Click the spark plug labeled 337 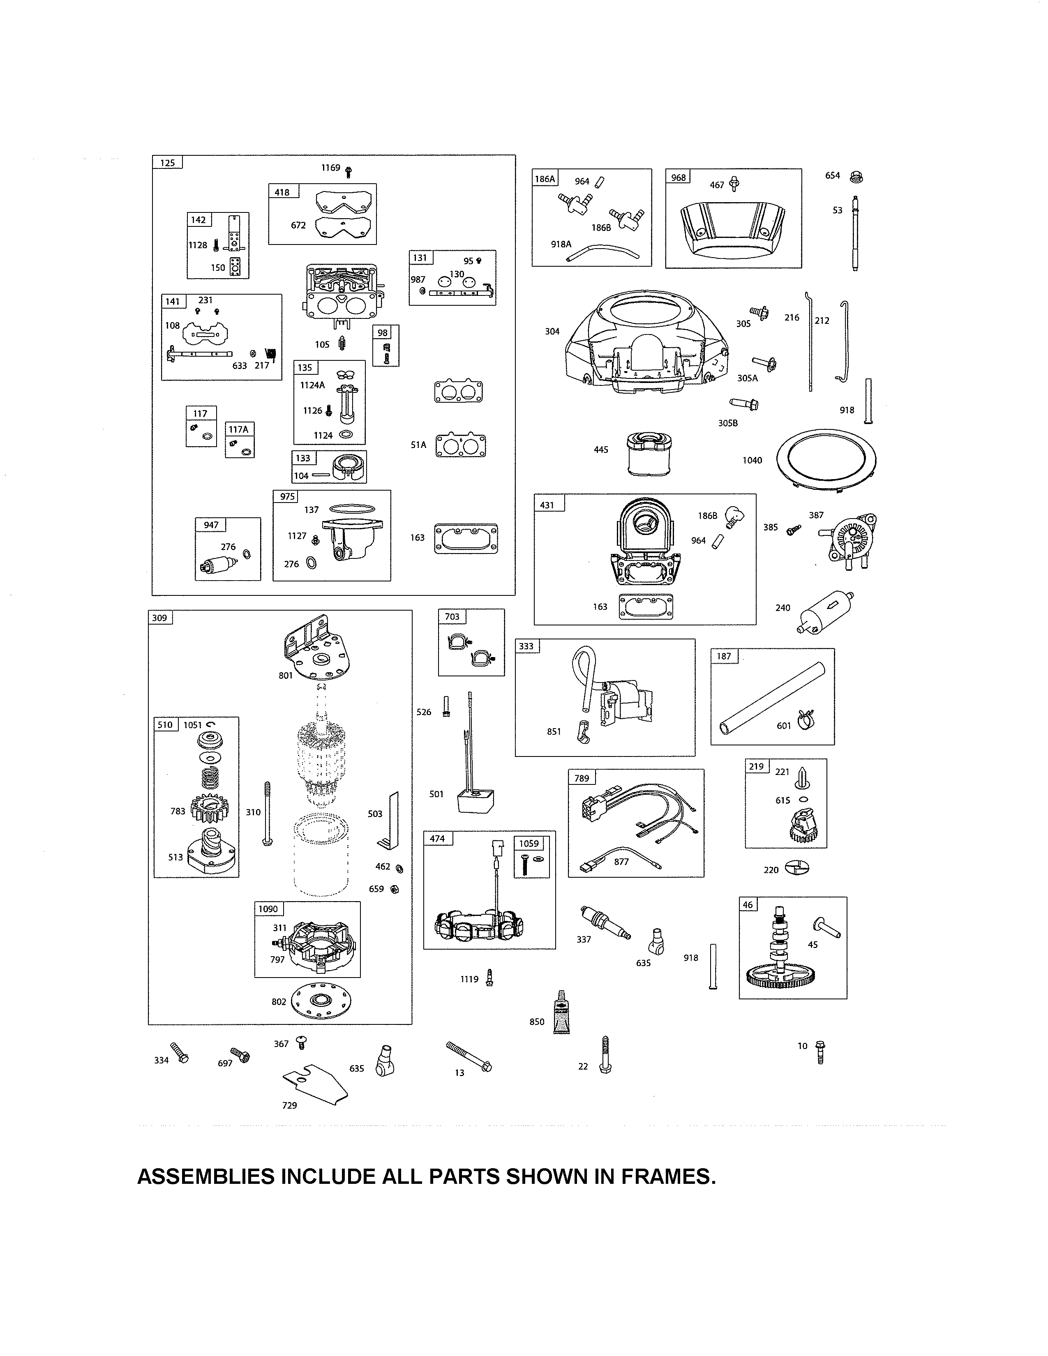coord(604,923)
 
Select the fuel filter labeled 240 coord(824,611)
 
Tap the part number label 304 coord(552,332)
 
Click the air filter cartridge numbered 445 coord(649,454)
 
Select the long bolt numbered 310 coord(268,813)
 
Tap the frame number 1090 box coord(268,909)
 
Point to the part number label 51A coord(418,445)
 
